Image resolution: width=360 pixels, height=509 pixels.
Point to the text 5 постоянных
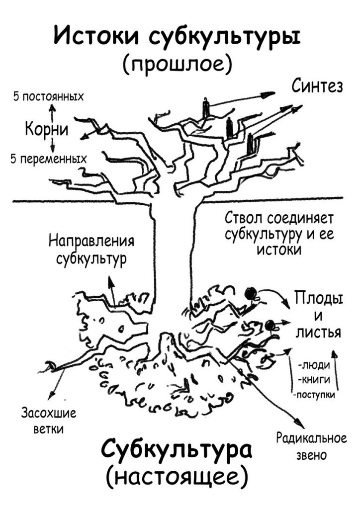[x=48, y=96]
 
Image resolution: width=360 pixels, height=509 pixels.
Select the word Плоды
[x=319, y=299]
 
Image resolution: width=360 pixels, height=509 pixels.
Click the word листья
[x=319, y=333]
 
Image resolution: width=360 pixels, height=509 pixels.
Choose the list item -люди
[x=314, y=366]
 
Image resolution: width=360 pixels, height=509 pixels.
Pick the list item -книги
[x=314, y=380]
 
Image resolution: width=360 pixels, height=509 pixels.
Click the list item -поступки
[x=314, y=395]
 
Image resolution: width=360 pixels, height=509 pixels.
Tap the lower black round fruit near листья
[x=270, y=326]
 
